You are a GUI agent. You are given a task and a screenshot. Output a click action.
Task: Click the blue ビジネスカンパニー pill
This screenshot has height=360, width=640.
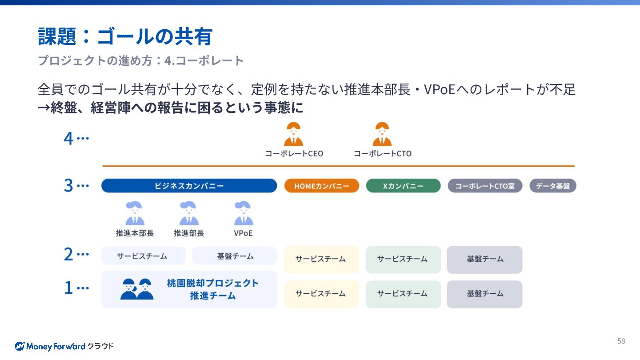[x=189, y=186]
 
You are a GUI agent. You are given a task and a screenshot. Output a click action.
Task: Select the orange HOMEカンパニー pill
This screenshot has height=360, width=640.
[x=322, y=186]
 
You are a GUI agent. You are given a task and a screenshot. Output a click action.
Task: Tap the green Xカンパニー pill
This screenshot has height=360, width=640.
[x=403, y=186]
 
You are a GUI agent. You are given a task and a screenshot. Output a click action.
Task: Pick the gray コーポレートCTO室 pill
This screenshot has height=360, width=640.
[x=485, y=186]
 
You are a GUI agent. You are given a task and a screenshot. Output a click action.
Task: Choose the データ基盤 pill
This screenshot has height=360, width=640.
[x=552, y=186]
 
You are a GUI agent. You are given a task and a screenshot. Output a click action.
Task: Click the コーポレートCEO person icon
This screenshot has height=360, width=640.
[x=293, y=134]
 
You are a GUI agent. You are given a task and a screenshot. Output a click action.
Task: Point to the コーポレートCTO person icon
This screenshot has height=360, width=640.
[x=382, y=134]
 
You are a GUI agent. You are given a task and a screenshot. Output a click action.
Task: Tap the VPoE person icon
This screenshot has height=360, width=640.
[x=243, y=214]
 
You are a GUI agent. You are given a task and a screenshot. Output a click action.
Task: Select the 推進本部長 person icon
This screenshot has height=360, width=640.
[x=135, y=214]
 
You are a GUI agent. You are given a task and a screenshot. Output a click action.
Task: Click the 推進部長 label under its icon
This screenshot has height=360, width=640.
[x=189, y=233]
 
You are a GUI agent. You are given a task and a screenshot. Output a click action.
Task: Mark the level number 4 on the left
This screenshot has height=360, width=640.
[x=68, y=139]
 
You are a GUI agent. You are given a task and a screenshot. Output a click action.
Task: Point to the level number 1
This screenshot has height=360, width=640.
[x=68, y=288]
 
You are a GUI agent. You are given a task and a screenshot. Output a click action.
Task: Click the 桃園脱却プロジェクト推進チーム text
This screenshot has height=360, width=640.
[x=212, y=289]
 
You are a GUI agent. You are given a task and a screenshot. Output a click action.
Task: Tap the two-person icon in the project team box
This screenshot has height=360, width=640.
[x=137, y=289]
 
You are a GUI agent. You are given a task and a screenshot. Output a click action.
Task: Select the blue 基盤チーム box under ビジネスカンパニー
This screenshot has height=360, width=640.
[x=235, y=256]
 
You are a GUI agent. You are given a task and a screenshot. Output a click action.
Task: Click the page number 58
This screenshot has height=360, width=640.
[x=621, y=341]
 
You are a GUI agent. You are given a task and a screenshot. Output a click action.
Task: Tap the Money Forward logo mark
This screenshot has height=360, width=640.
[x=20, y=346]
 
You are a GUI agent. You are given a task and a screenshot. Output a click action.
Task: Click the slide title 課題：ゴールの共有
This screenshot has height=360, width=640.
[x=125, y=36]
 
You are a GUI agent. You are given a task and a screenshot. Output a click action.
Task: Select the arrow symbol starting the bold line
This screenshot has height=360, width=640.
[x=44, y=108]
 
